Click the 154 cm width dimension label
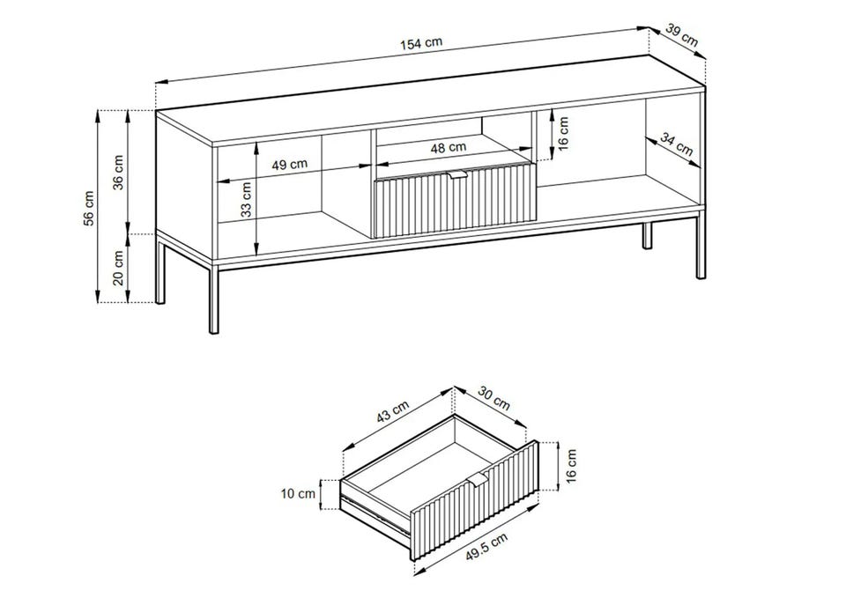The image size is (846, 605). coord(421,42)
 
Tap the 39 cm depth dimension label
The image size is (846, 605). coord(681,34)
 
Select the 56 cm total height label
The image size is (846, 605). coord(89,208)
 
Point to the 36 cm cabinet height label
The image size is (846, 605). coord(119,172)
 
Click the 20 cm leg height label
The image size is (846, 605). coord(119,268)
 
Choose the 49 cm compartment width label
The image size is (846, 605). coord(289,164)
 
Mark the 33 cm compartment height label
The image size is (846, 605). coord(246,199)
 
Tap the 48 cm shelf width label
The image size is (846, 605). coord(449,147)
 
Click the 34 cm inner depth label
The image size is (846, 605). coord(677,144)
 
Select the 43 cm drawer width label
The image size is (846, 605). coord(393,412)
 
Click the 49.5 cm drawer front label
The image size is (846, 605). coord(486,547)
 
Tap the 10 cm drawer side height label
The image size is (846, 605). coord(298,493)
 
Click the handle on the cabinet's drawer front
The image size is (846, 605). coord(457,173)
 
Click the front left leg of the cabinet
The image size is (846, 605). coord(213,297)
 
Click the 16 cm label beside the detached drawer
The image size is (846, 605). coord(571,465)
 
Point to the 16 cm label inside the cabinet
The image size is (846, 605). coord(563,134)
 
